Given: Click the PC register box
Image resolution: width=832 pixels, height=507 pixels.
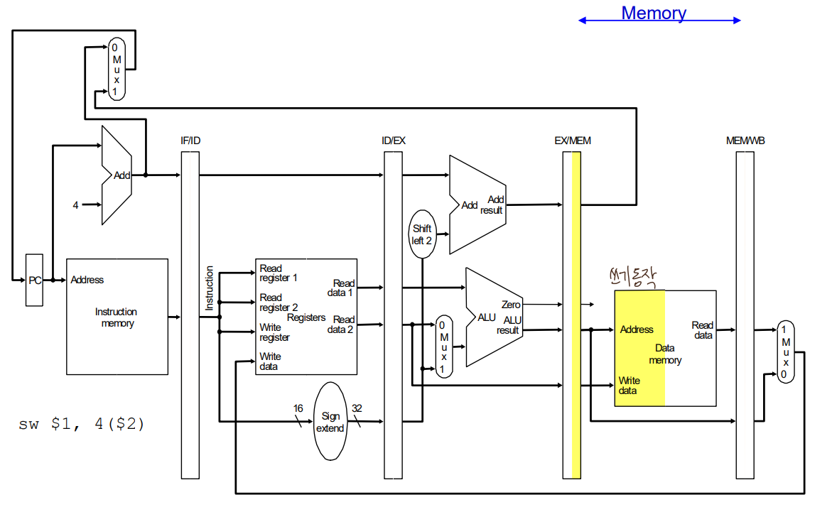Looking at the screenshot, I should point(34,280).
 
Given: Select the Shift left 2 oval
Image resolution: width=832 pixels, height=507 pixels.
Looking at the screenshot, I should point(422,234).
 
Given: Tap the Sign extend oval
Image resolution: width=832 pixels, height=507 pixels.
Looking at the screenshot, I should point(330,422).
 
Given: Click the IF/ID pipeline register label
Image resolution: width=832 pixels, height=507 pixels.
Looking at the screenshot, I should point(190,141).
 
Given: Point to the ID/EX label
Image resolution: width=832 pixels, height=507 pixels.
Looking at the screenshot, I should point(394,141).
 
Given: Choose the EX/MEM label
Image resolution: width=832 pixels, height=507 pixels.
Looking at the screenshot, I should point(573,141).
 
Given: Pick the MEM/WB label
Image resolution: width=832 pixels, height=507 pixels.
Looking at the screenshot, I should point(744,141).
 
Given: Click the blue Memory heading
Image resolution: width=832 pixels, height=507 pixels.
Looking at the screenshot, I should point(654,13).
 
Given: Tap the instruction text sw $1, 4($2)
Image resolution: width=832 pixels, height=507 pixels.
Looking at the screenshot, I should point(82,425).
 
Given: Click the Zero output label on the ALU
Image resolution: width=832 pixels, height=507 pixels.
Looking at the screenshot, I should point(511,305).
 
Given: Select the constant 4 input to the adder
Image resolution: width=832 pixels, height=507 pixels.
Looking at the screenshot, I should point(75,205).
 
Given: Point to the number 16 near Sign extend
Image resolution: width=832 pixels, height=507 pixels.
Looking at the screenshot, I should point(298,408).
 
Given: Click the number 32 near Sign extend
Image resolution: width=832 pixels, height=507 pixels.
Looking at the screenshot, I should point(357,408).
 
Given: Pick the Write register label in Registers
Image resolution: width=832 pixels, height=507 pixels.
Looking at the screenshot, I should point(274,332).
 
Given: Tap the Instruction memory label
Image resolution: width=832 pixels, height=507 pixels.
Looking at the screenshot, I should point(117,317).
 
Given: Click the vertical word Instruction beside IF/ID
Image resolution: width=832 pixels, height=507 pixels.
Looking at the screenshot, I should point(209,288).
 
